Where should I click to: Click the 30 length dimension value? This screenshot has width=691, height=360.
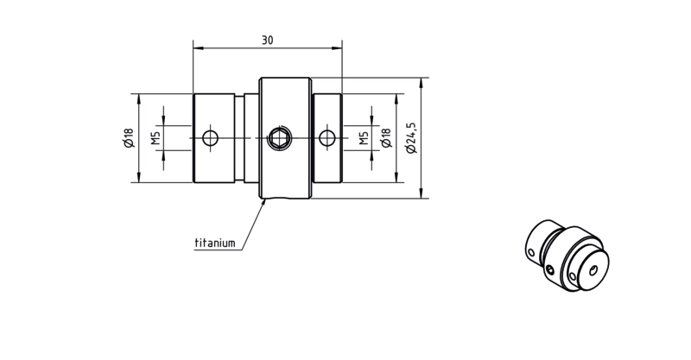[268, 40]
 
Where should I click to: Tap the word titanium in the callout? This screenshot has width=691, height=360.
[215, 243]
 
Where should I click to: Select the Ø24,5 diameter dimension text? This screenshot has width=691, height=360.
[411, 138]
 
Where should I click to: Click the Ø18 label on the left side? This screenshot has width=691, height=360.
[128, 138]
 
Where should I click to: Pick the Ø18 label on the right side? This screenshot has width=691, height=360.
[386, 138]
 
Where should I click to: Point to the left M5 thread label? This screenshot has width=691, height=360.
[155, 138]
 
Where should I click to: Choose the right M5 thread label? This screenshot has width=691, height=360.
[363, 138]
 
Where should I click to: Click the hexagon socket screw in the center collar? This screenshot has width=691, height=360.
[280, 138]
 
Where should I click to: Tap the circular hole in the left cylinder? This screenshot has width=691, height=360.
[210, 138]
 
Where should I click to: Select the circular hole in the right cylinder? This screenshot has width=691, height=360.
[327, 138]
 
